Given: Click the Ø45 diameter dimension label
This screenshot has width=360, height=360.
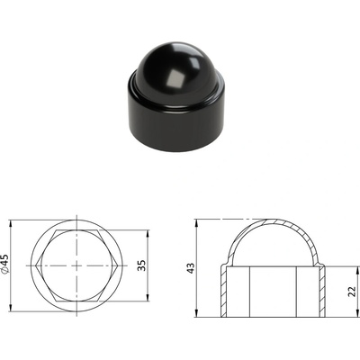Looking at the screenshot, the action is [5, 264].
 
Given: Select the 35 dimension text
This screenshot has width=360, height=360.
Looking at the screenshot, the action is [141, 265].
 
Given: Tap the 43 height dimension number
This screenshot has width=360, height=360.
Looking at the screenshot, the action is [191, 268].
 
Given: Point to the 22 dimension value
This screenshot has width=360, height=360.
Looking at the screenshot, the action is [352, 292].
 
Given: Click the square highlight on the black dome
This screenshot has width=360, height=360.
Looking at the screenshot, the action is [175, 80].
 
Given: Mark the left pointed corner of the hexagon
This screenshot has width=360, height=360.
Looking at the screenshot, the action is [36, 265].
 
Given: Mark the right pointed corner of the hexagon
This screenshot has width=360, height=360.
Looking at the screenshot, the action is [117, 265].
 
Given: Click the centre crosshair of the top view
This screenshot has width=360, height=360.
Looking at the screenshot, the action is [76, 265].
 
